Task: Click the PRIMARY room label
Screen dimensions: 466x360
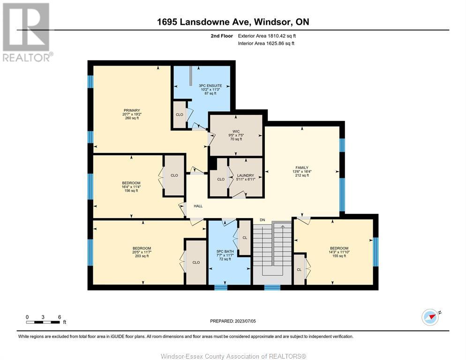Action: tap(132, 110)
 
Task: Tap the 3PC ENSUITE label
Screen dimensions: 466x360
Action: tap(210, 86)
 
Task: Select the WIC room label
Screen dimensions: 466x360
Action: tap(236, 131)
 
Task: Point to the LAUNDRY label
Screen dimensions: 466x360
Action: tap(246, 175)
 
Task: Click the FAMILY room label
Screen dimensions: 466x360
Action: tap(302, 168)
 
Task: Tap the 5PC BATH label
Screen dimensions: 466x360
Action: tap(225, 252)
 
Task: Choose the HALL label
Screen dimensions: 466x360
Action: tap(198, 206)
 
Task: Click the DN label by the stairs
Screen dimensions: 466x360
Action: tap(263, 220)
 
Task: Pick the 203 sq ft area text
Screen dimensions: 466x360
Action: tap(142, 256)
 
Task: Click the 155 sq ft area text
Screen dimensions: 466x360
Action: tap(339, 256)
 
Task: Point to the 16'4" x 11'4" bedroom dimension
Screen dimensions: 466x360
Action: tap(131, 187)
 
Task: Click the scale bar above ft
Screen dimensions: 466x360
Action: tap(43, 322)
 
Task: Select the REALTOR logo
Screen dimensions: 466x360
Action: tap(27, 32)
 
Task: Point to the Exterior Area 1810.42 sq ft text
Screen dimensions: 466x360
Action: tap(267, 36)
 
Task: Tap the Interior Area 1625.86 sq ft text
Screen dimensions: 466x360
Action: tap(266, 44)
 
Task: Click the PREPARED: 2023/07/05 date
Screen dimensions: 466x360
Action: tap(233, 321)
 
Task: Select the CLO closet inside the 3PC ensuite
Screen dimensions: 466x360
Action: tap(180, 115)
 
